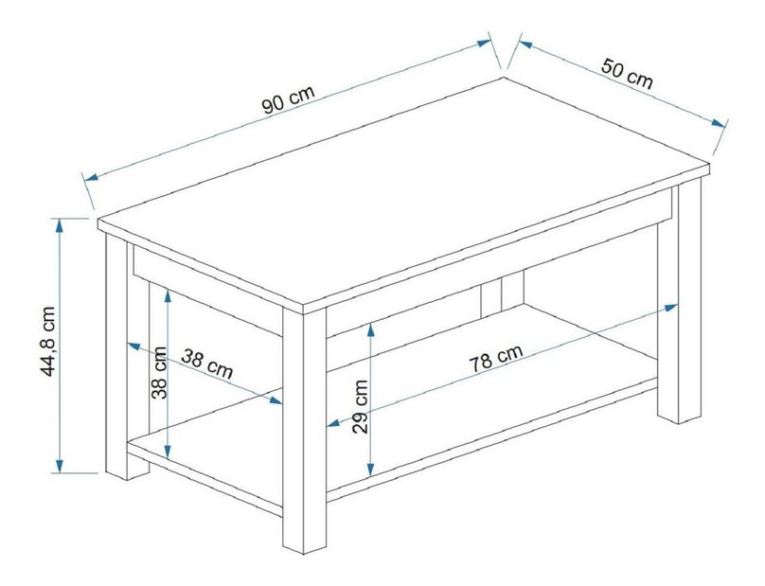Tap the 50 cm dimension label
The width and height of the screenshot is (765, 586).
[x=627, y=74]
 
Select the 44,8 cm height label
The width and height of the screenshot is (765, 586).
[x=48, y=342]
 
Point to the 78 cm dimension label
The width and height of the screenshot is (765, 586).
[x=496, y=358]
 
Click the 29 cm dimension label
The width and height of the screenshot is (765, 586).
[x=361, y=407]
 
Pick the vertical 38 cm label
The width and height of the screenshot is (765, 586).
[x=160, y=372]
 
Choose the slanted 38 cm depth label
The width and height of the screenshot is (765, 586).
[x=206, y=364]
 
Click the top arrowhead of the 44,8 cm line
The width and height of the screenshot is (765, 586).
[x=60, y=226]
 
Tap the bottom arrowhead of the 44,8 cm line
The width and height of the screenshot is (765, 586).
[x=60, y=465]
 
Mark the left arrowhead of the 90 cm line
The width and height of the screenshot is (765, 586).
[x=92, y=177]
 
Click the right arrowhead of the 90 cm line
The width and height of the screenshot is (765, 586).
[x=484, y=43]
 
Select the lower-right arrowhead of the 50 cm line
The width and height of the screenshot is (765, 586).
[x=719, y=122]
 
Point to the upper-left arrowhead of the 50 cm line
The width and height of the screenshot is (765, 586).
[x=525, y=44]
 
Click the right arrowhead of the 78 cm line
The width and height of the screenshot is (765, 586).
[x=670, y=308]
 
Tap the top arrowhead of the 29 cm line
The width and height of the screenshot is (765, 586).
[x=371, y=331]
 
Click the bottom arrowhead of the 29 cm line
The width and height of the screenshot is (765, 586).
[x=371, y=469]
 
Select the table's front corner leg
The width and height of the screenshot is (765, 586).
[x=305, y=431]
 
